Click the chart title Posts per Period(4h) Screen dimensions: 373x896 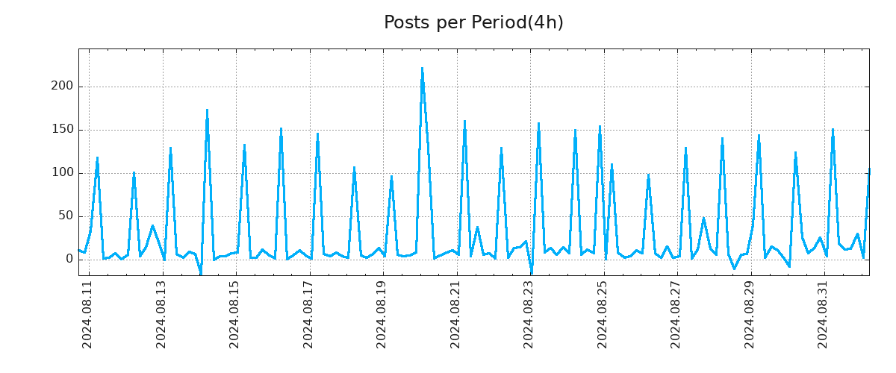point(473,23)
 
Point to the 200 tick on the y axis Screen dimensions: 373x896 point(63,87)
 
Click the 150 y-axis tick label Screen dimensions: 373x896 point(63,130)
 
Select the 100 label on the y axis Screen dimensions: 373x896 point(63,173)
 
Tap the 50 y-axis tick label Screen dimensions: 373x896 point(66,216)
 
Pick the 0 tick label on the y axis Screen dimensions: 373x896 point(69,260)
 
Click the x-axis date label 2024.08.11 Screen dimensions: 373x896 point(87,314)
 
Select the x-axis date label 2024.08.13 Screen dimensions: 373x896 point(161,314)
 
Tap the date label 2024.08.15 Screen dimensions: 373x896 point(234,314)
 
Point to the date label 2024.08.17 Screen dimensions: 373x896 point(308,314)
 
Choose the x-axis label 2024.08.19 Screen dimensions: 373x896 point(382,314)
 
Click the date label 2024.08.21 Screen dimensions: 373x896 point(455,314)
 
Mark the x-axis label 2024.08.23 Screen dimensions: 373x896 point(529,314)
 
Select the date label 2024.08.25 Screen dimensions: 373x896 point(603,314)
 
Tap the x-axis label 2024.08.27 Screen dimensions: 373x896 point(676,314)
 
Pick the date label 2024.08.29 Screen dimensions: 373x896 point(750,314)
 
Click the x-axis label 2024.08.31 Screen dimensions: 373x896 point(823,314)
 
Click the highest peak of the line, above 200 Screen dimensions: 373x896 point(422,69)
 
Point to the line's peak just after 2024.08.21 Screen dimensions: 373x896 point(464,122)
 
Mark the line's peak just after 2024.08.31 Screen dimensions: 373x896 point(833,130)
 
